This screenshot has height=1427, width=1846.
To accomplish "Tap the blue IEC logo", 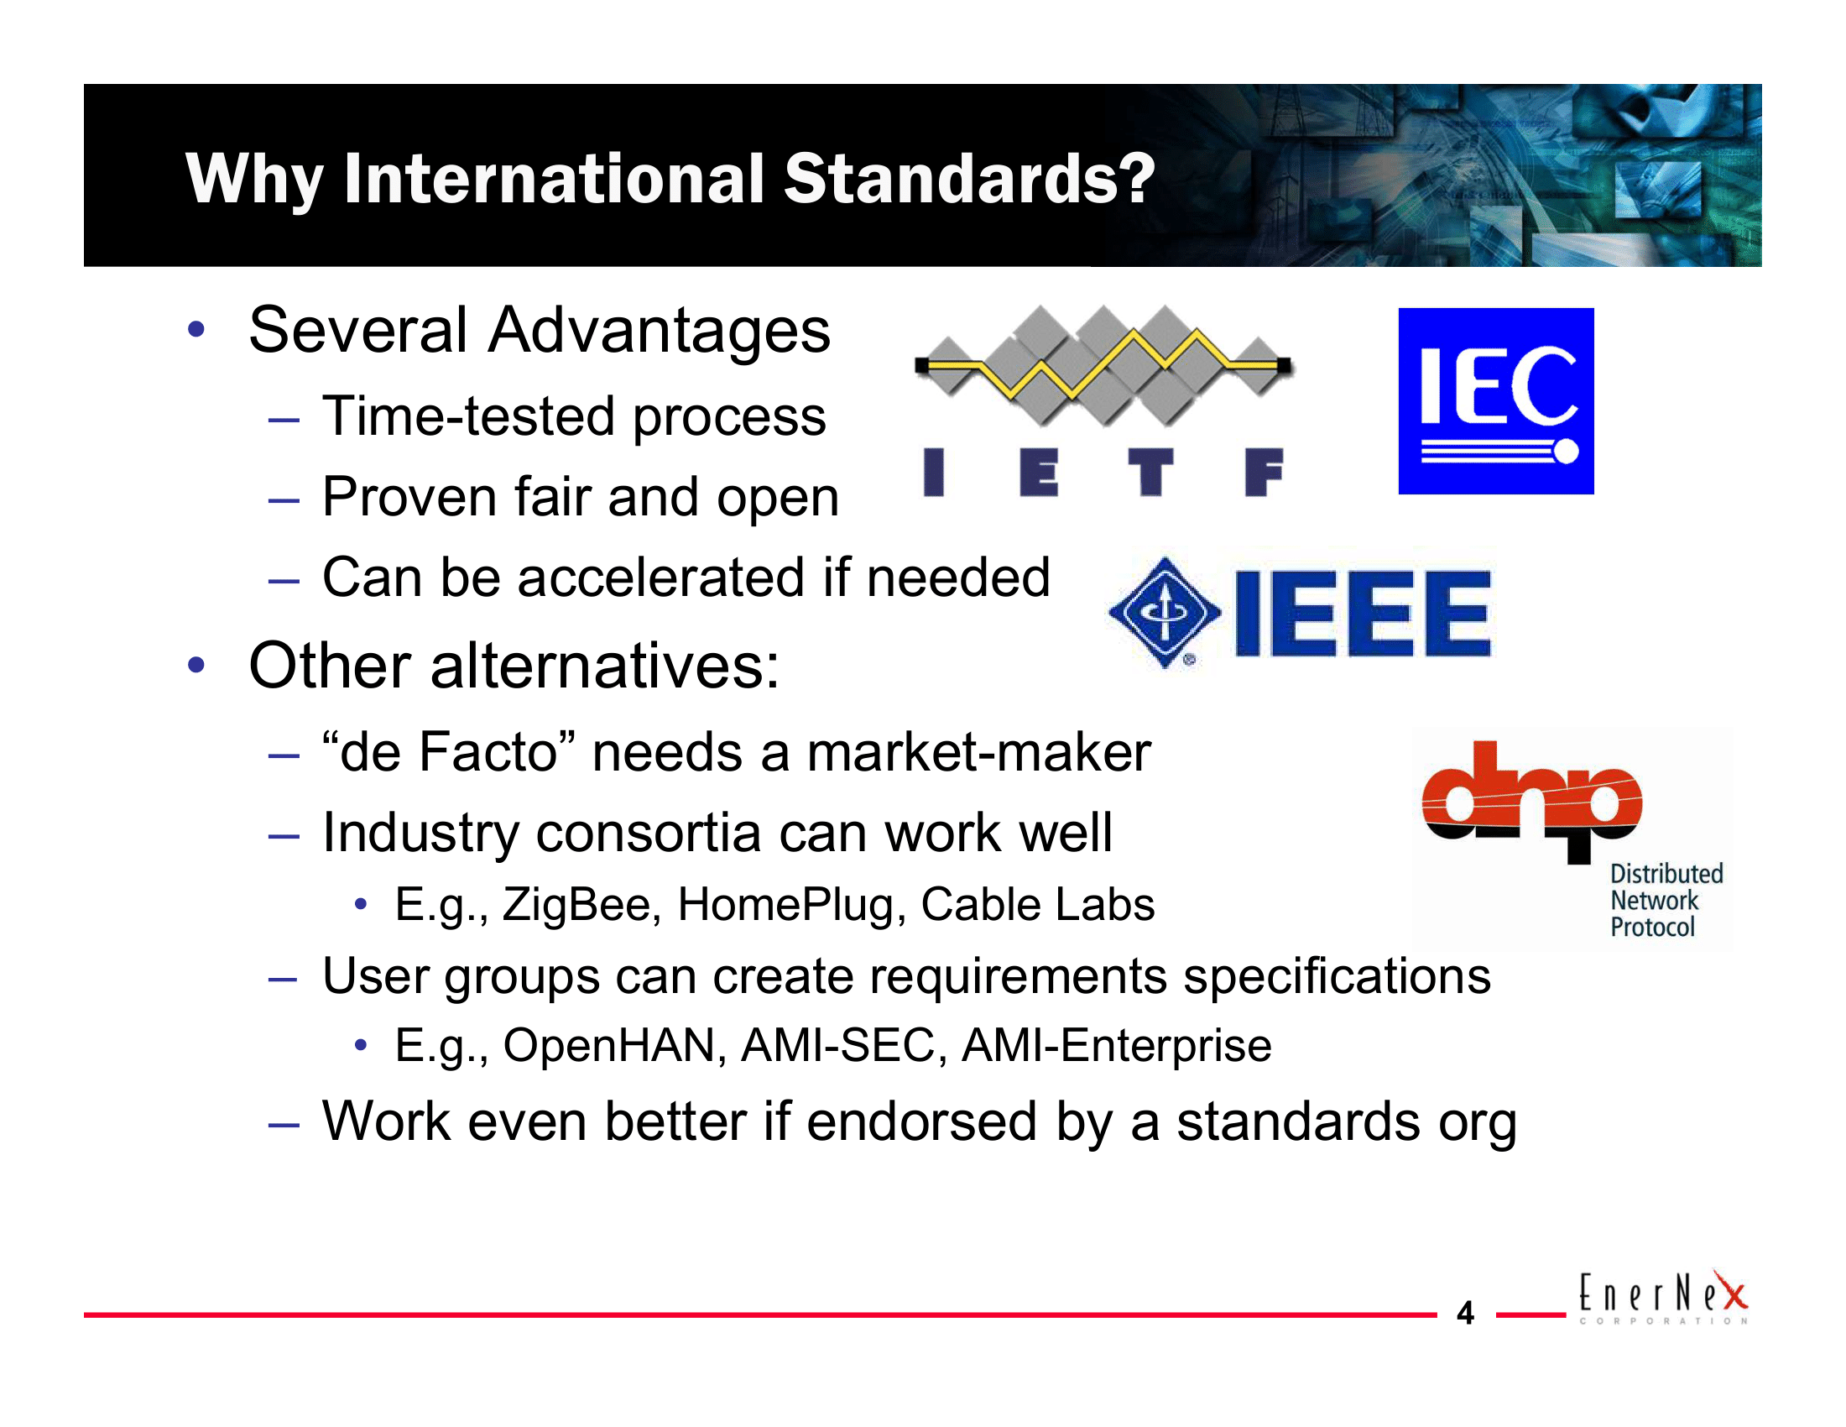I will [1495, 400].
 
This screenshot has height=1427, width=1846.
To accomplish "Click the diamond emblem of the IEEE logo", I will [1165, 612].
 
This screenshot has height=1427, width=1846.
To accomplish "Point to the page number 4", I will [1465, 1313].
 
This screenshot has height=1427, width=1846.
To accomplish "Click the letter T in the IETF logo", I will [1150, 472].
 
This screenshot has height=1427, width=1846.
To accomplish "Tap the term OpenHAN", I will [610, 1046].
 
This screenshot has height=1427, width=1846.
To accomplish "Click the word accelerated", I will [661, 578].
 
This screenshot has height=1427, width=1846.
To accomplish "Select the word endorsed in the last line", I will [921, 1121].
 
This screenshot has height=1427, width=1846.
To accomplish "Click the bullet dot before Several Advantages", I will [197, 330].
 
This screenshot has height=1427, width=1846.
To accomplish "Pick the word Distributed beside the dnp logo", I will [1666, 873].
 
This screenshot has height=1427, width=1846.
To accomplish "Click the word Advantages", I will [660, 331].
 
